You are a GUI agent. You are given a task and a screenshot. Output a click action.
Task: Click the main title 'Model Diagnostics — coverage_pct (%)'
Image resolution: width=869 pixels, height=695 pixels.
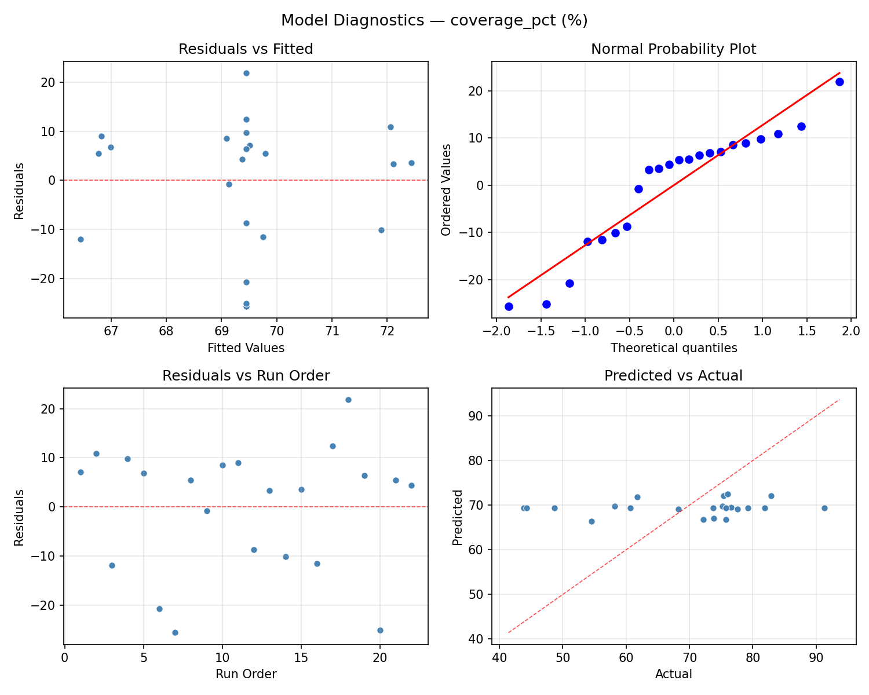[434, 21]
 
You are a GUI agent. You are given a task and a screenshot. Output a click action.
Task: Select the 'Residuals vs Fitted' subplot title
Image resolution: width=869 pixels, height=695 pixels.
[246, 49]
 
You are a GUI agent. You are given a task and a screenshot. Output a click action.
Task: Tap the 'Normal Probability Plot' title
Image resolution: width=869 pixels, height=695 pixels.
[673, 49]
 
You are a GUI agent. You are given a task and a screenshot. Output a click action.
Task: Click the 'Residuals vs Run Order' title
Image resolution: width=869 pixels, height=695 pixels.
[246, 376]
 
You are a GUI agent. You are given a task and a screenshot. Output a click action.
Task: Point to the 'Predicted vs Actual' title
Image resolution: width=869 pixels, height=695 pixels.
[673, 376]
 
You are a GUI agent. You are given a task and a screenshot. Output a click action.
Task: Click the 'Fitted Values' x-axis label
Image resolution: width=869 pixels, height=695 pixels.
[246, 348]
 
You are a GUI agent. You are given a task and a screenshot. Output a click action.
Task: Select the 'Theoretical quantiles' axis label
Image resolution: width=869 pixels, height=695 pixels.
[673, 348]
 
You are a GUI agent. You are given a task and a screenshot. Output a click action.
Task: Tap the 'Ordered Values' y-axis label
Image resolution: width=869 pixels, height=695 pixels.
[446, 189]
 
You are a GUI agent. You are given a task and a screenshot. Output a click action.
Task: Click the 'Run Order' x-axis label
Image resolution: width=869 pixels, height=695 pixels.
[246, 674]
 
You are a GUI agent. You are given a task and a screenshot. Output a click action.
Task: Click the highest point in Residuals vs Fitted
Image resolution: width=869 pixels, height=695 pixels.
[246, 73]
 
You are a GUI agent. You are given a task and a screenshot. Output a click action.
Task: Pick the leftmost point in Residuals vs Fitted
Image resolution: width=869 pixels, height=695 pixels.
[81, 239]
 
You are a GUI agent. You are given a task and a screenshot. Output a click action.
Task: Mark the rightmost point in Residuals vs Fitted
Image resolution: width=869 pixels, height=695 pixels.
[411, 163]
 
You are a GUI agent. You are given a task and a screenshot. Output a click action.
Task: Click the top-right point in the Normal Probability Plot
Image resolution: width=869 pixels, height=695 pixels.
[839, 82]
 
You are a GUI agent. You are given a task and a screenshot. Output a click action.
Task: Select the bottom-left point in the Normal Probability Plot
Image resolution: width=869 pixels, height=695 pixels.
[509, 306]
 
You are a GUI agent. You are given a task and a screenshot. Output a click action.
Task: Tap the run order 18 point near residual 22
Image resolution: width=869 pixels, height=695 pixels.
[348, 400]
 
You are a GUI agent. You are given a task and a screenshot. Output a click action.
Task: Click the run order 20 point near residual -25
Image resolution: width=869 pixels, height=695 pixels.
[380, 630]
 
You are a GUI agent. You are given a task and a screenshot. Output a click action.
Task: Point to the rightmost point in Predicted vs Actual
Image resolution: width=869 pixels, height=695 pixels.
[824, 508]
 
